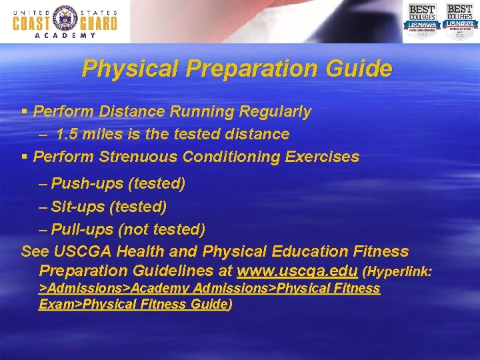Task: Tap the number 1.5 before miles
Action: pyautogui.click(x=69, y=135)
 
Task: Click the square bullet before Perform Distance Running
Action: pyautogui.click(x=25, y=111)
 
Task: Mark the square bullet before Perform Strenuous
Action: pyautogui.click(x=25, y=157)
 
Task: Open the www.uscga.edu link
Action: pyautogui.click(x=297, y=271)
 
